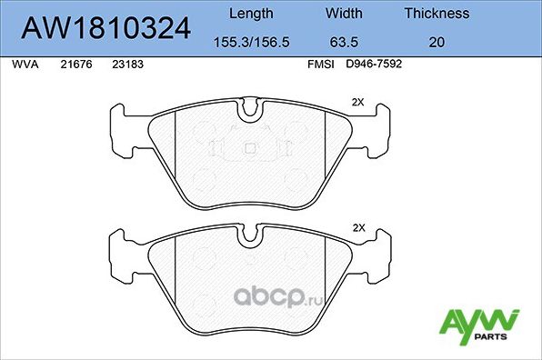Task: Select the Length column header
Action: point(249,14)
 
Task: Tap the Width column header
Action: point(344,14)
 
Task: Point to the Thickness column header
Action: point(437,14)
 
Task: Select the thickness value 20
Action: point(437,41)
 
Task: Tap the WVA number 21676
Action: point(75,65)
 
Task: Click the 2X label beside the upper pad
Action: point(357,103)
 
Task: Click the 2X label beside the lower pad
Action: point(357,227)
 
